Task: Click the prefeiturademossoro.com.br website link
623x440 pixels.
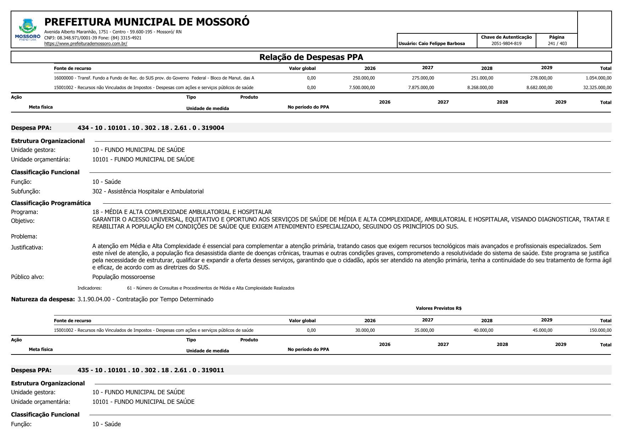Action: coord(86,44)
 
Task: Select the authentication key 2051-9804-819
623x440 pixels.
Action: coord(506,44)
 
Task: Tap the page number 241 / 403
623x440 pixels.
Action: coord(557,44)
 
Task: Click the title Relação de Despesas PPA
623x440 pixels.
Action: coord(311,57)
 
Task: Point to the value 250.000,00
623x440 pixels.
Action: coord(364,78)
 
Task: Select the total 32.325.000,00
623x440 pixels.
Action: coord(597,88)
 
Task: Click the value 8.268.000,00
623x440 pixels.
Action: coord(480,88)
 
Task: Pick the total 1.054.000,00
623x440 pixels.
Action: coord(599,78)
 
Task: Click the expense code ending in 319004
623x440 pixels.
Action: coord(151,128)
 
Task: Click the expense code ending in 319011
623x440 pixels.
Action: coord(151,370)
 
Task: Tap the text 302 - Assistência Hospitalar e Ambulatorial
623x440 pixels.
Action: coord(148,191)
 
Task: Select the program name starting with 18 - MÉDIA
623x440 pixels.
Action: coord(182,212)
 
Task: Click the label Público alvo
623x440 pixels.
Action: coord(27,277)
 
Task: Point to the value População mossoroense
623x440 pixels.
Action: coord(124,277)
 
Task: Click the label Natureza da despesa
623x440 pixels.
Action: coord(43,299)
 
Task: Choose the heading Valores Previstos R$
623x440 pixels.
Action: coord(438,308)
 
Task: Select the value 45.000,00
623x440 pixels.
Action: coord(542,330)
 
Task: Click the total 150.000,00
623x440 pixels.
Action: coord(600,330)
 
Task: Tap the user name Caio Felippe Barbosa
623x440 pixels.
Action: coord(442,44)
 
